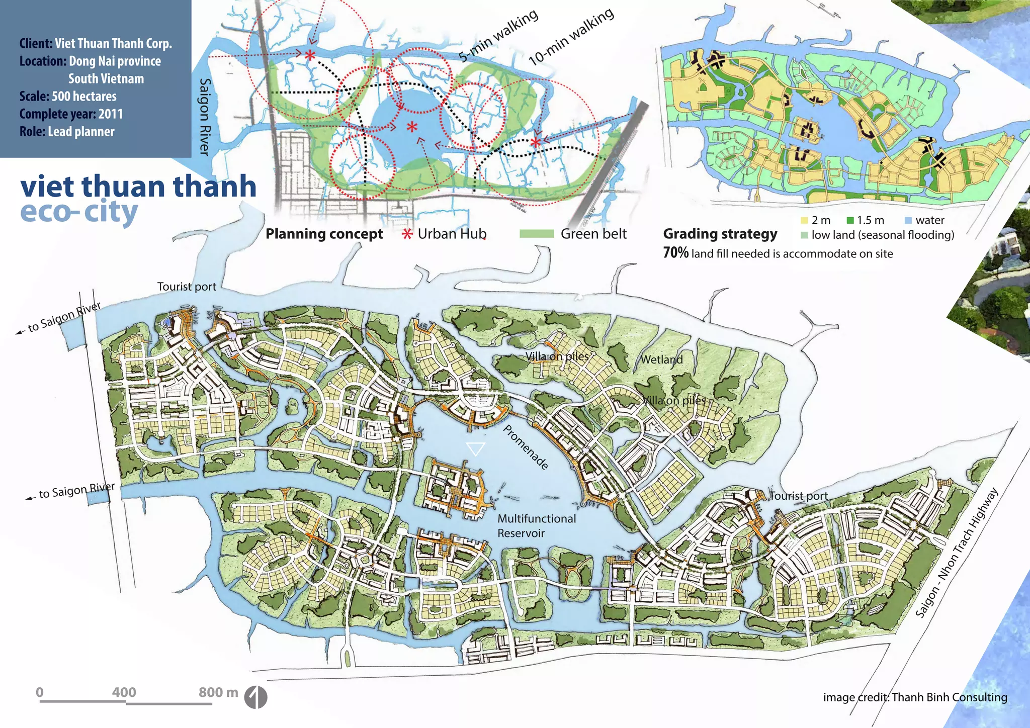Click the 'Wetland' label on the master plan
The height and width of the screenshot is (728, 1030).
point(661,359)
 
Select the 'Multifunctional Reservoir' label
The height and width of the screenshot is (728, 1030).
point(536,525)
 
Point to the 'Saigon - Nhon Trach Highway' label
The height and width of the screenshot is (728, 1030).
point(956,553)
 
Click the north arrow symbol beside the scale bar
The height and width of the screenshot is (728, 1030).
point(255,697)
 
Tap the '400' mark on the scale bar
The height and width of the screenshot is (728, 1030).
point(124,692)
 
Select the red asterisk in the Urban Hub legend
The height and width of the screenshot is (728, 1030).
point(407,234)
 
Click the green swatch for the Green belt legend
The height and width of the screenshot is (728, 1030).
point(536,234)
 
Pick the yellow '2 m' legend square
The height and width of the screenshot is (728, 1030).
point(804,220)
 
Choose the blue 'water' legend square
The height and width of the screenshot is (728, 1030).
point(908,220)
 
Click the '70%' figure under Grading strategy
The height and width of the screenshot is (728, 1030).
point(675,253)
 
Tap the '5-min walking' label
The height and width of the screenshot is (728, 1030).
point(498,36)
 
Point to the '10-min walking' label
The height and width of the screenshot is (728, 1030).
point(571,36)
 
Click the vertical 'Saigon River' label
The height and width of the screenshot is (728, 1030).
point(205,117)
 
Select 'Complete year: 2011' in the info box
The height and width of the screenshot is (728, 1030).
point(71,114)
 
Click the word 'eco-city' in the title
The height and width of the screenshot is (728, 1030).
point(79,212)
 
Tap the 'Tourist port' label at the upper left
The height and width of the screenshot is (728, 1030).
point(187,287)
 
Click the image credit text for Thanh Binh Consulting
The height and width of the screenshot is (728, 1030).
point(915,697)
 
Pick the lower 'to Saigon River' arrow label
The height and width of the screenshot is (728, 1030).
point(75,491)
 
